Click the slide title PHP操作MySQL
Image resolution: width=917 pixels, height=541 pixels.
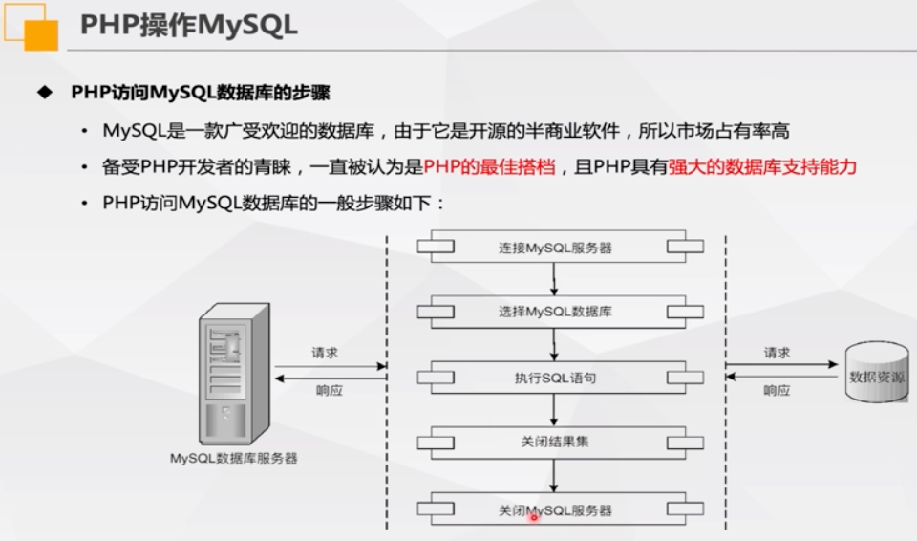coord(188,26)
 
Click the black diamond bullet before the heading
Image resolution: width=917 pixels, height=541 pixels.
coord(42,93)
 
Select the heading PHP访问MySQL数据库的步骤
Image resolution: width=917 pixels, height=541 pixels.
coord(201,93)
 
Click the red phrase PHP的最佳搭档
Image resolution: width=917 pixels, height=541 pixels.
coord(490,167)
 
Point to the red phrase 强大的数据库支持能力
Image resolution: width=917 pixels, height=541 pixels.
coord(762,167)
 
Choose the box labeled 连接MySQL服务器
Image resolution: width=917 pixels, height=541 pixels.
coord(554,248)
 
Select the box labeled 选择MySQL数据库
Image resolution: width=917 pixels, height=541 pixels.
coord(554,312)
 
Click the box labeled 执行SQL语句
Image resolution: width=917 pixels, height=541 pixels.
coord(554,378)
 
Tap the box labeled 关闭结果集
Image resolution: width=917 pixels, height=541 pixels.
coord(554,443)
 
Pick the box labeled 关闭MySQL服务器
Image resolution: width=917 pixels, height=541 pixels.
coord(554,509)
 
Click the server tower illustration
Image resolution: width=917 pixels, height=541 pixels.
coord(233,373)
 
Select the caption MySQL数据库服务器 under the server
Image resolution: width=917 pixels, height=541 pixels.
coord(233,458)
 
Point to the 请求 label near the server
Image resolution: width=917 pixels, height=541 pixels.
coord(325,353)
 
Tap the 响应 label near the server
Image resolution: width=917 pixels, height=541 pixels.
coord(329,390)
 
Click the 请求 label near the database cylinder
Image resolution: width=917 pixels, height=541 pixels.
coord(777,353)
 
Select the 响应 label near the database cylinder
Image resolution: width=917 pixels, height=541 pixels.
coord(777,390)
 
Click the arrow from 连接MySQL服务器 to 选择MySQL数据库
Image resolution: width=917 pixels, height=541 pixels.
coord(554,279)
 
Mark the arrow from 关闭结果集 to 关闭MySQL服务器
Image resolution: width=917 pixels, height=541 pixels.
coord(554,476)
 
